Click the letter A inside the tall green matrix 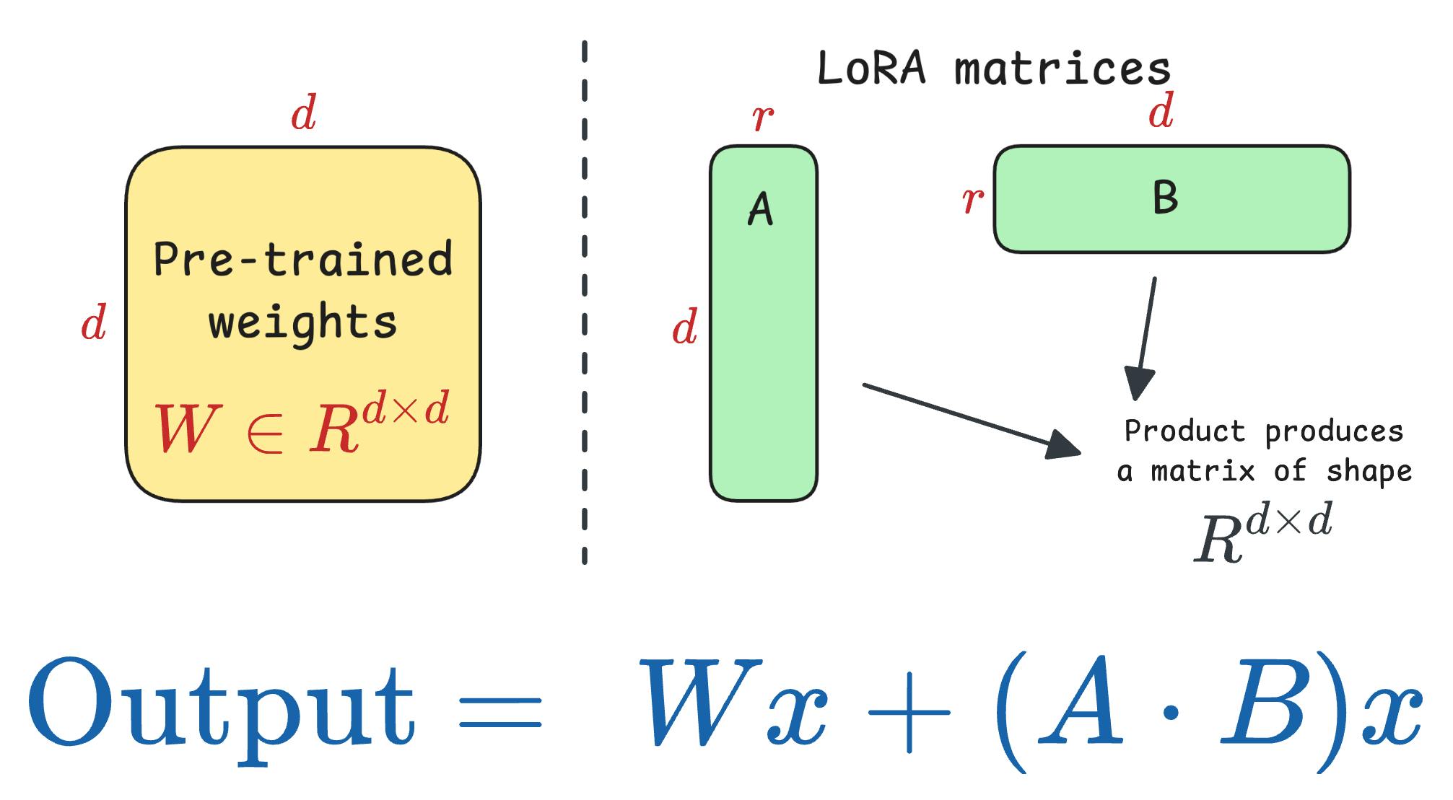coord(760,210)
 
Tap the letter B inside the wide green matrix coord(1165,198)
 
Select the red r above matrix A coord(763,118)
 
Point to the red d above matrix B coord(1161,111)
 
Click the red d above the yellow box coord(303,113)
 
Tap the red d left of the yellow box coord(94,322)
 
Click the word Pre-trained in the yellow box coord(303,259)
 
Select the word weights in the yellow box coord(303,322)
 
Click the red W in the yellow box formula coord(184,428)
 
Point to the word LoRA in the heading coord(871,69)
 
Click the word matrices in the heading coord(1063,69)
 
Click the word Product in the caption coord(1184,431)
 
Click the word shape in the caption coord(1369,472)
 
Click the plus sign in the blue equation coord(909,711)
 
